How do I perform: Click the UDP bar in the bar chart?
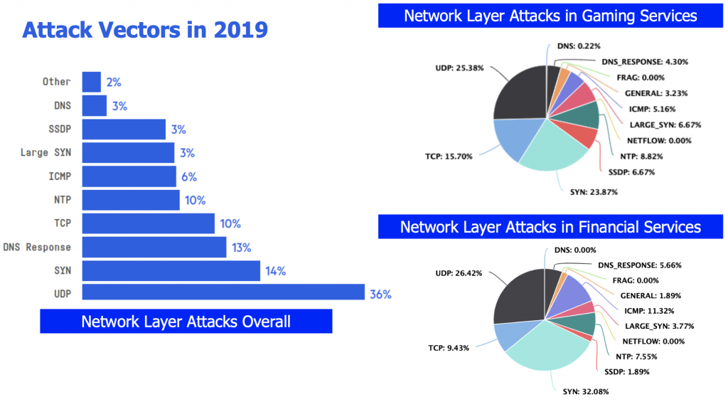point(223,293)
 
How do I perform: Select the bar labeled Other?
point(92,82)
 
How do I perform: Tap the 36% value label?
point(379,294)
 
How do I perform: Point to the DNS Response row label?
point(37,247)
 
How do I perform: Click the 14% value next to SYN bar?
point(275,270)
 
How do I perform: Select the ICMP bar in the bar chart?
point(129,176)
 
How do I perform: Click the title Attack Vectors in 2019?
point(145,31)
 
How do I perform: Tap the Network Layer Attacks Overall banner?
point(186,321)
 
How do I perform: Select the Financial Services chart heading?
point(550,227)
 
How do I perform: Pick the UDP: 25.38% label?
point(460,68)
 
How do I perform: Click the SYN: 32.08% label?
point(580,391)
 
